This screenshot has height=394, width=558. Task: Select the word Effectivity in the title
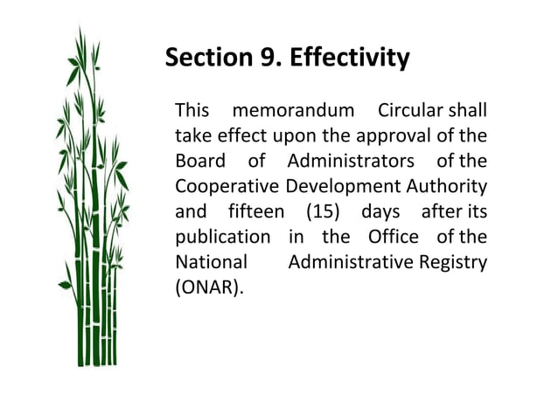tap(349, 59)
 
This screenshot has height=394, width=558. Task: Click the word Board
tap(200, 162)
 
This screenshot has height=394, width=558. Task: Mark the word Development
tap(341, 187)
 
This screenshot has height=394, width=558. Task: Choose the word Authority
tap(446, 187)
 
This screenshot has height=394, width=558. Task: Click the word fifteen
tap(255, 212)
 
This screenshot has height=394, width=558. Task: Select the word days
tap(380, 212)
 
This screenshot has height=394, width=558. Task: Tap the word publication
tap(222, 238)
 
